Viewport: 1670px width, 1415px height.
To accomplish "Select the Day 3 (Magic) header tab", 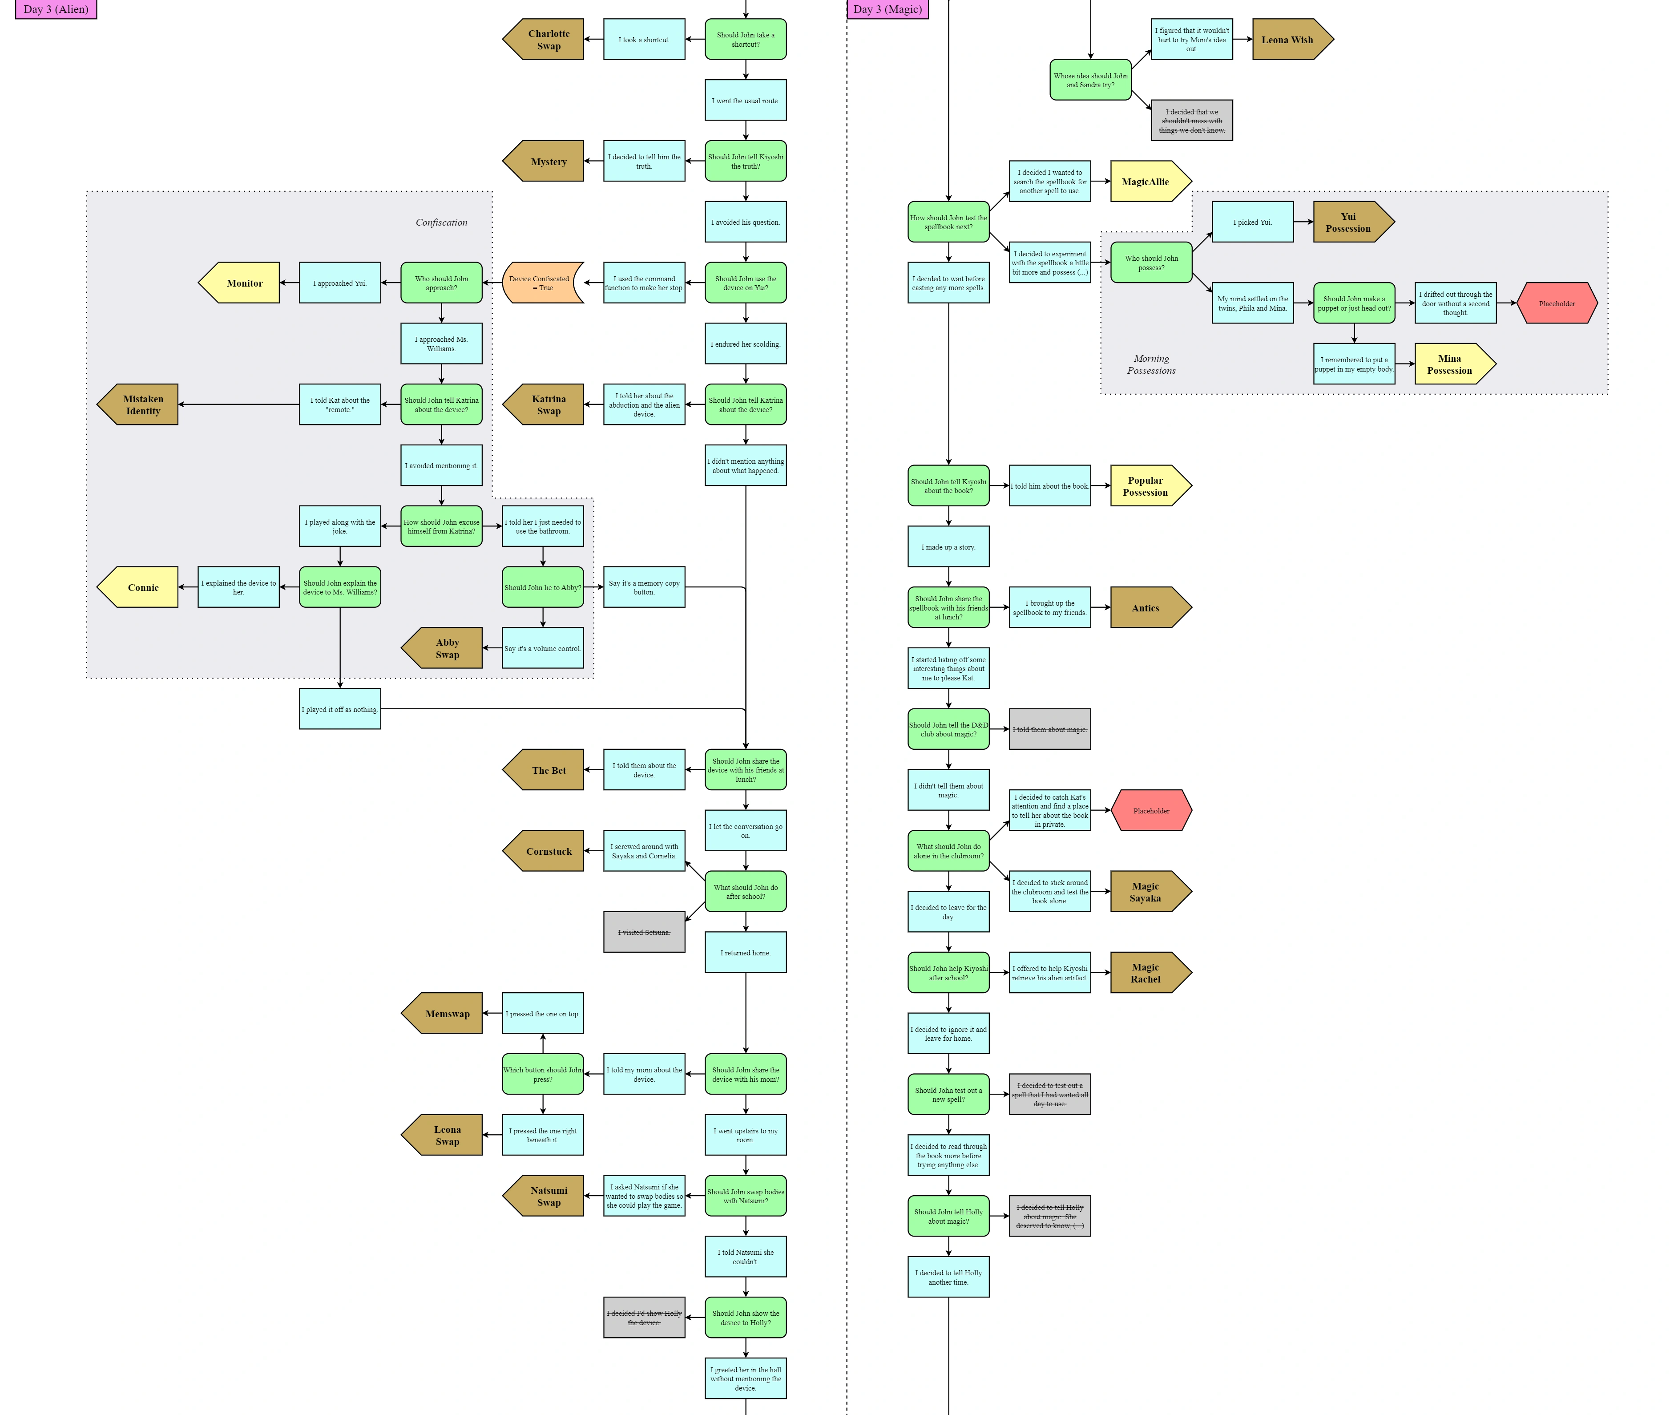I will (x=887, y=9).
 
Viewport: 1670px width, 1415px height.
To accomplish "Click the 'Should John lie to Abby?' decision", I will (x=542, y=587).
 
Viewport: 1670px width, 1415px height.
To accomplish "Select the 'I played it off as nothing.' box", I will (x=339, y=709).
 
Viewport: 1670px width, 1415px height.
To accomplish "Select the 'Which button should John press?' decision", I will (x=542, y=1074).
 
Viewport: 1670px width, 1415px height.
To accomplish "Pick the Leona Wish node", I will (x=1290, y=39).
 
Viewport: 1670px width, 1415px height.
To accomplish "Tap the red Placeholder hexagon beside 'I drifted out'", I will (x=1556, y=303).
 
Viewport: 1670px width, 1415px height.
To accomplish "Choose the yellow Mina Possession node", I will (x=1452, y=364).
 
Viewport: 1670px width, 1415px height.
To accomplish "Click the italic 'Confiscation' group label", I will (x=441, y=222).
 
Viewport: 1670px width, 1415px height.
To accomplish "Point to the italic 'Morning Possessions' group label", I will (x=1150, y=364).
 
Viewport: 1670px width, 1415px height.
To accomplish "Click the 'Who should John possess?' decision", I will (x=1150, y=262).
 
